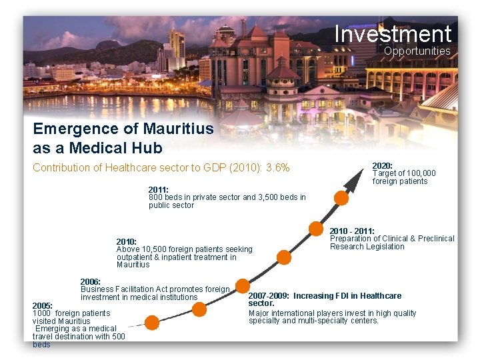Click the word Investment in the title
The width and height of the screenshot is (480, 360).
point(393,33)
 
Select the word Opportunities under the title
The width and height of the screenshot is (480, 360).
point(417,51)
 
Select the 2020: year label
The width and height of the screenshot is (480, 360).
point(382,165)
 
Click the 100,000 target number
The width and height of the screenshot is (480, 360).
point(421,173)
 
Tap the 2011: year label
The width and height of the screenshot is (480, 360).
point(159,190)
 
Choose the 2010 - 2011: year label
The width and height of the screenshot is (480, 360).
point(352,231)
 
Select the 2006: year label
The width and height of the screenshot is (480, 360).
point(90,281)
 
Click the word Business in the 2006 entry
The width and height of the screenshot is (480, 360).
point(97,289)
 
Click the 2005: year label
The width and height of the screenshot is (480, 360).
point(43,306)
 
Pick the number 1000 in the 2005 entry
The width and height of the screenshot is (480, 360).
point(41,313)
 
